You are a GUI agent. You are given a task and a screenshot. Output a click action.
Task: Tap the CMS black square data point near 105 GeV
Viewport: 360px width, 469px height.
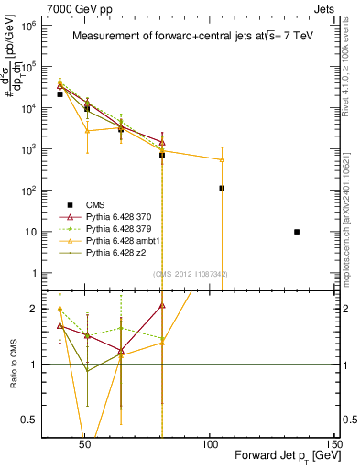(222, 189)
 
